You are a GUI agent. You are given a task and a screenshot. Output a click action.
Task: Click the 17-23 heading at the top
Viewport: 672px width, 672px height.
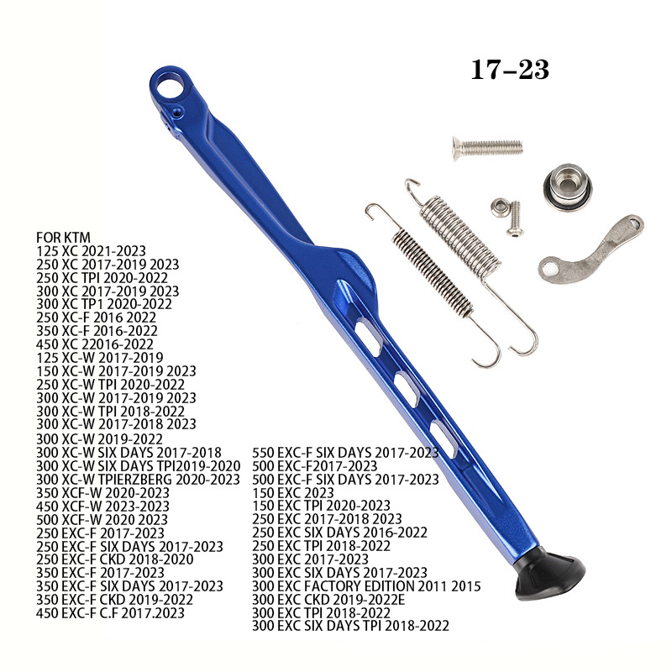(510, 70)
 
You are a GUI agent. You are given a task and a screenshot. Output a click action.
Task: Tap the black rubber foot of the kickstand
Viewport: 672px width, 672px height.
(550, 575)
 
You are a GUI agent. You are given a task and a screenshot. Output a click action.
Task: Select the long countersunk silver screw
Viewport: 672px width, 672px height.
(488, 149)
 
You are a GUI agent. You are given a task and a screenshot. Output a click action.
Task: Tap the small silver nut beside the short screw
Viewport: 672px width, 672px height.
(500, 207)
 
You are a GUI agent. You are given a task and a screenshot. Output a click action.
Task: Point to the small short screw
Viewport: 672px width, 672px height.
(514, 218)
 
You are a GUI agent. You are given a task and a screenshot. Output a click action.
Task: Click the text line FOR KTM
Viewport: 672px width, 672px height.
(64, 238)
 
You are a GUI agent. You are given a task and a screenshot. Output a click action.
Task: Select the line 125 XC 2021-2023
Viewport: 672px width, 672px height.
(91, 250)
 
